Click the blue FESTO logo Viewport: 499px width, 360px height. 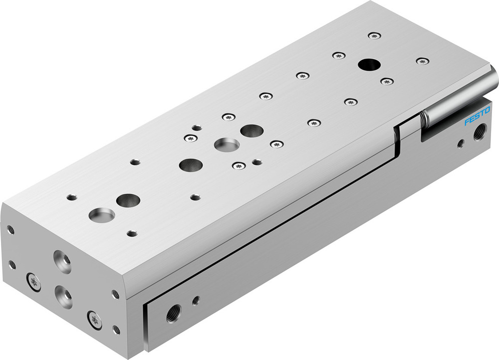478,116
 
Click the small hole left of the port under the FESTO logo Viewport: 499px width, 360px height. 461,144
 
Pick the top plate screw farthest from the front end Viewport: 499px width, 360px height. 374,35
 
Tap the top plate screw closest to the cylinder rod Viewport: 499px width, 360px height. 423,61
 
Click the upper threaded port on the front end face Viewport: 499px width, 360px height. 62,262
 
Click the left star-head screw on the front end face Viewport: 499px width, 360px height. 32,280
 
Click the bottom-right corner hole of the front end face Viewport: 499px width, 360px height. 117,330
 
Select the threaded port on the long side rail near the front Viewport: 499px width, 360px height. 173,313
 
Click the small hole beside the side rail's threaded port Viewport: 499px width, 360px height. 196,300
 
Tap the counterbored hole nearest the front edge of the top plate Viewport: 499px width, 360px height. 101,215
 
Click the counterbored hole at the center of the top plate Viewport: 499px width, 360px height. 226,145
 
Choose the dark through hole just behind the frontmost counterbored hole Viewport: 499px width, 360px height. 128,200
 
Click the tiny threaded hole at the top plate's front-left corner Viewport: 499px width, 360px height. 71,197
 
